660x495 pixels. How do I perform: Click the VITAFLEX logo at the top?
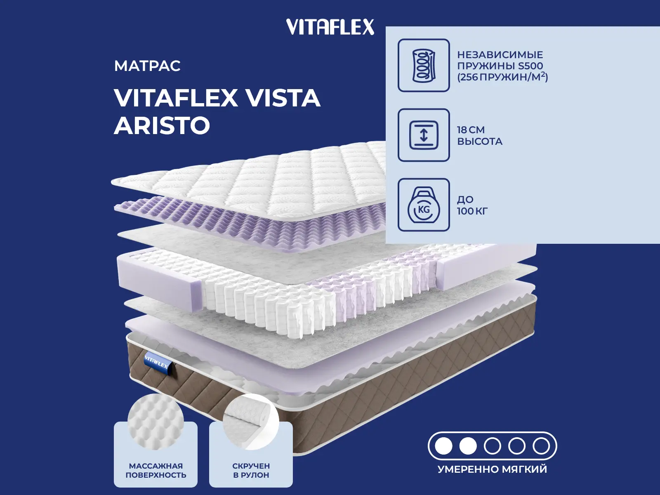pyautogui.click(x=330, y=27)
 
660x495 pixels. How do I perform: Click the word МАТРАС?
pyautogui.click(x=147, y=66)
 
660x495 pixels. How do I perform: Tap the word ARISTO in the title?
pyautogui.click(x=162, y=125)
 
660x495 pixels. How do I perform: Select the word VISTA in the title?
pyautogui.click(x=283, y=98)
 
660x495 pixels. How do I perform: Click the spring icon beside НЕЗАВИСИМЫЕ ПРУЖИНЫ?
pyautogui.click(x=424, y=65)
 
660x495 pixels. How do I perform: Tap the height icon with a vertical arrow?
pyautogui.click(x=424, y=135)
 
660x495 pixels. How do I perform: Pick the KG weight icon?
pyautogui.click(x=424, y=205)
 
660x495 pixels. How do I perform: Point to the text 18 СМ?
pyautogui.click(x=471, y=130)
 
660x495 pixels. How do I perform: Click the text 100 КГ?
pyautogui.click(x=472, y=211)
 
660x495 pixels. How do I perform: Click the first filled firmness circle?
pyautogui.click(x=444, y=446)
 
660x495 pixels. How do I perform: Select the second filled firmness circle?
pyautogui.click(x=468, y=446)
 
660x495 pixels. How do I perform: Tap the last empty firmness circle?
pyautogui.click(x=541, y=446)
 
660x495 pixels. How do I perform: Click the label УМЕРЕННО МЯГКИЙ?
pyautogui.click(x=492, y=469)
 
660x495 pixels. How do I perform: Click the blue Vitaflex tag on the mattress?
pyautogui.click(x=157, y=363)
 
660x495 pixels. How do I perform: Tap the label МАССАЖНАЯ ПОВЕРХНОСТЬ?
pyautogui.click(x=156, y=470)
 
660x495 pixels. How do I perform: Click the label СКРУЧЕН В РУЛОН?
pyautogui.click(x=251, y=470)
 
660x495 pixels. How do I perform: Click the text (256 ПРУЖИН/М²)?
pyautogui.click(x=502, y=77)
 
